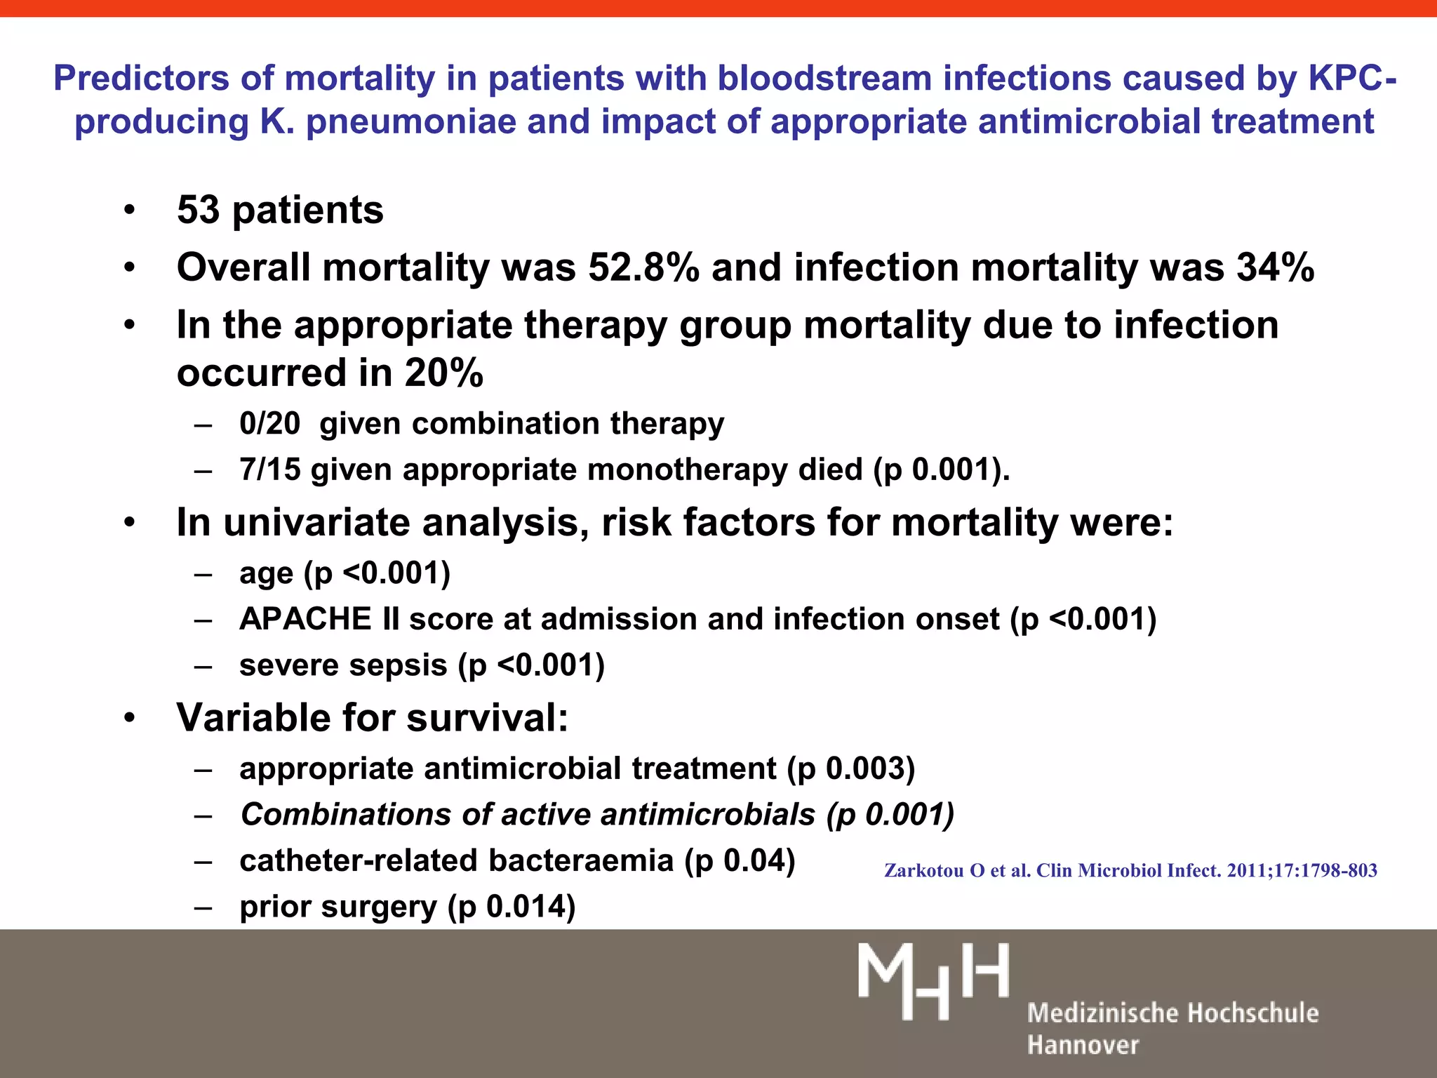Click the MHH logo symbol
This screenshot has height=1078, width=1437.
coord(933,980)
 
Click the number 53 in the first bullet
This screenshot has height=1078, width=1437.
coord(198,210)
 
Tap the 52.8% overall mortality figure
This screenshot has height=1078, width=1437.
coord(643,267)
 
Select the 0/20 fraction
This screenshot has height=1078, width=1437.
coord(269,424)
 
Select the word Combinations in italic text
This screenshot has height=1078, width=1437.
coord(345,815)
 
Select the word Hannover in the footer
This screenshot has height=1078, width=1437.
coord(1083,1045)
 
